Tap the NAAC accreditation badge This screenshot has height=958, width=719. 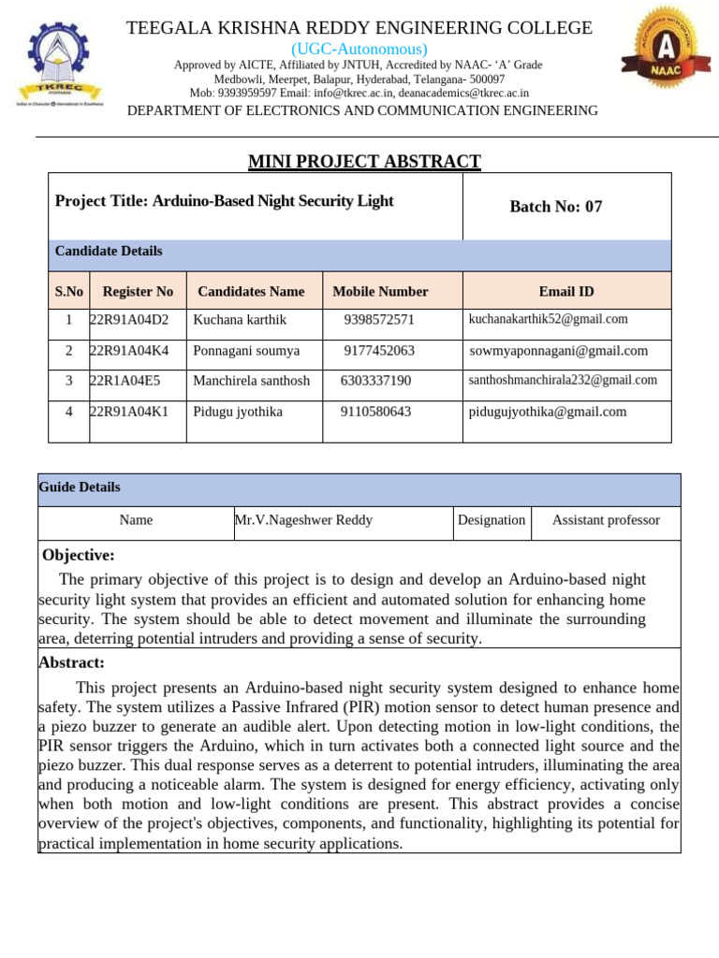(x=659, y=51)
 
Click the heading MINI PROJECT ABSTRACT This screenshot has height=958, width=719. (x=364, y=162)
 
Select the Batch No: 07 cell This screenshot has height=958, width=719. (x=555, y=207)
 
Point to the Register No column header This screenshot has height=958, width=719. (x=138, y=291)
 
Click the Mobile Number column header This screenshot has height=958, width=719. (x=380, y=291)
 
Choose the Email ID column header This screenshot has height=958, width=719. (x=565, y=291)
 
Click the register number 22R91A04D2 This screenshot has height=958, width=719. (x=129, y=320)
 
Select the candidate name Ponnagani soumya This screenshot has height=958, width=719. (x=246, y=351)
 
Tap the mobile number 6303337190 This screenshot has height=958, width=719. (x=375, y=381)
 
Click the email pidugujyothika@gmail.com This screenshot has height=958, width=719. (x=548, y=412)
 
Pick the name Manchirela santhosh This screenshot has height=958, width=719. (x=251, y=381)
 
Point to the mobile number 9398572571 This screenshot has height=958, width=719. (x=378, y=320)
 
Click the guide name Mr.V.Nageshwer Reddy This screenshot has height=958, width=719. (x=303, y=520)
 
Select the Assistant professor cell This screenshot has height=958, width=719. (x=606, y=520)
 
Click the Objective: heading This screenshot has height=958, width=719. (x=79, y=556)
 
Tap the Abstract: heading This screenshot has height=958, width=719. (x=71, y=662)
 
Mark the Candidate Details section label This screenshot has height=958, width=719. (x=109, y=251)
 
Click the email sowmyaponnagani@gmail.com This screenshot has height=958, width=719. (x=558, y=351)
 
